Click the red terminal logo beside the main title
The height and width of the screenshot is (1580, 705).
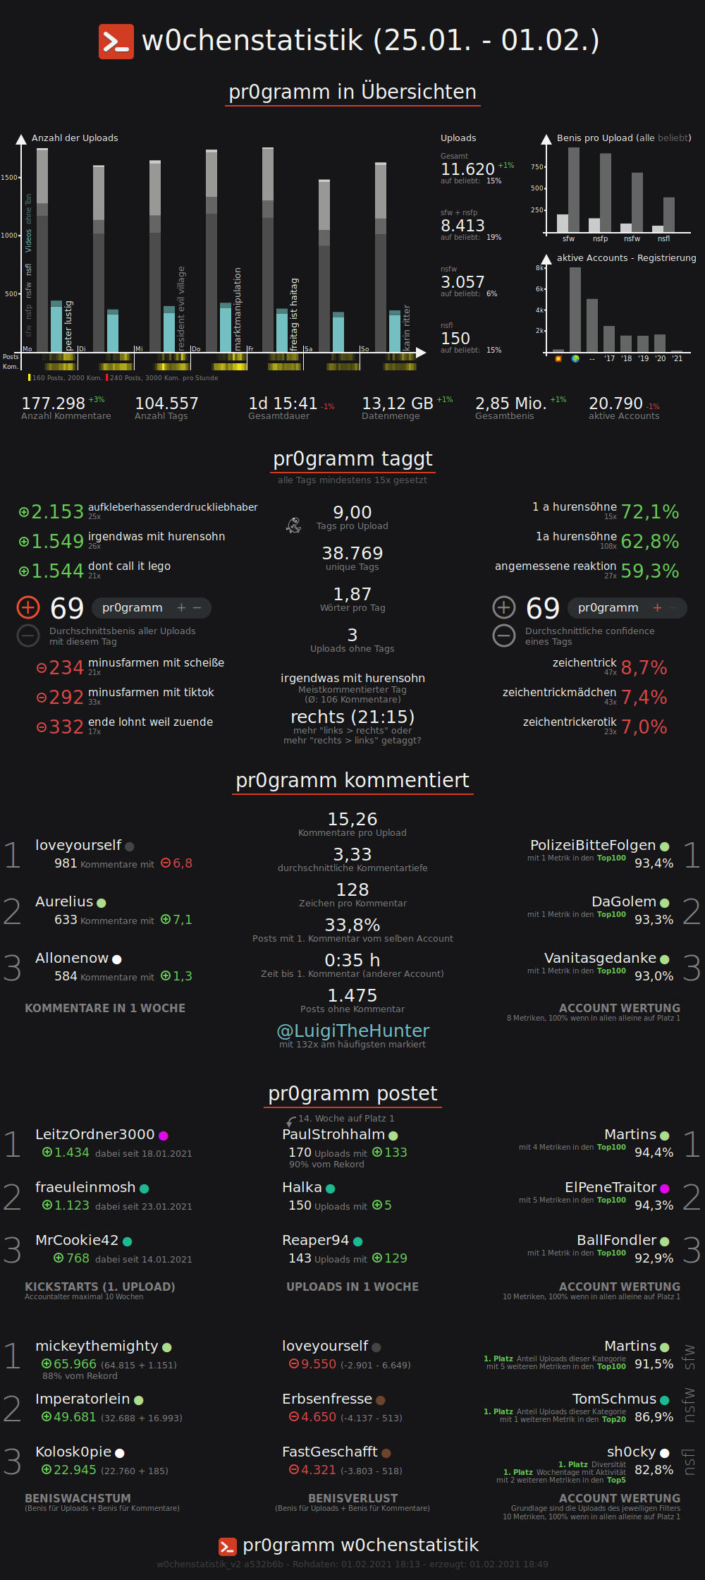point(116,42)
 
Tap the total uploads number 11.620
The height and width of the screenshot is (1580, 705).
point(467,169)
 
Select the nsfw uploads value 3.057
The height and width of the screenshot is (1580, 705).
point(462,282)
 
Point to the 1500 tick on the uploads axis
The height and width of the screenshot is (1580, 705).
point(10,178)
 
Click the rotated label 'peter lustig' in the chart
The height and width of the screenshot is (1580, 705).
point(68,325)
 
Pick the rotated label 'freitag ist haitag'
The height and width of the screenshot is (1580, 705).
point(294,315)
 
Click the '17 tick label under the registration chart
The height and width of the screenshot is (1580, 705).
point(609,359)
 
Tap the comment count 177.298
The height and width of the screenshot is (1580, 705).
point(53,403)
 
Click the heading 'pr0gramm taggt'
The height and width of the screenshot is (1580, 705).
point(352,459)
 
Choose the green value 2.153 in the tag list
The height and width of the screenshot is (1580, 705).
point(57,512)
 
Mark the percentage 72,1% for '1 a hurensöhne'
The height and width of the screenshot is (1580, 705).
point(649,512)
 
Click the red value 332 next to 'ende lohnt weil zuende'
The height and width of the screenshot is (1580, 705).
point(66,727)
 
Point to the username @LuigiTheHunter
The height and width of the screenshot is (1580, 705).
point(352,1031)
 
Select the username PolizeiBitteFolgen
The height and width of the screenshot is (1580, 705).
point(592,845)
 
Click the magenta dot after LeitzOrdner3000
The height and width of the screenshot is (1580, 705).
point(164,1136)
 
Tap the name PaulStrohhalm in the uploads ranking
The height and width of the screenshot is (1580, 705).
point(333,1134)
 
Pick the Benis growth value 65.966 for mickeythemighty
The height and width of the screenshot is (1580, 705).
point(75,1364)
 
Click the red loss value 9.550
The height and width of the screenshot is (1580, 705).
point(319,1364)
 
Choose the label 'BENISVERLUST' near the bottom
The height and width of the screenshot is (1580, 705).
point(352,1498)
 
